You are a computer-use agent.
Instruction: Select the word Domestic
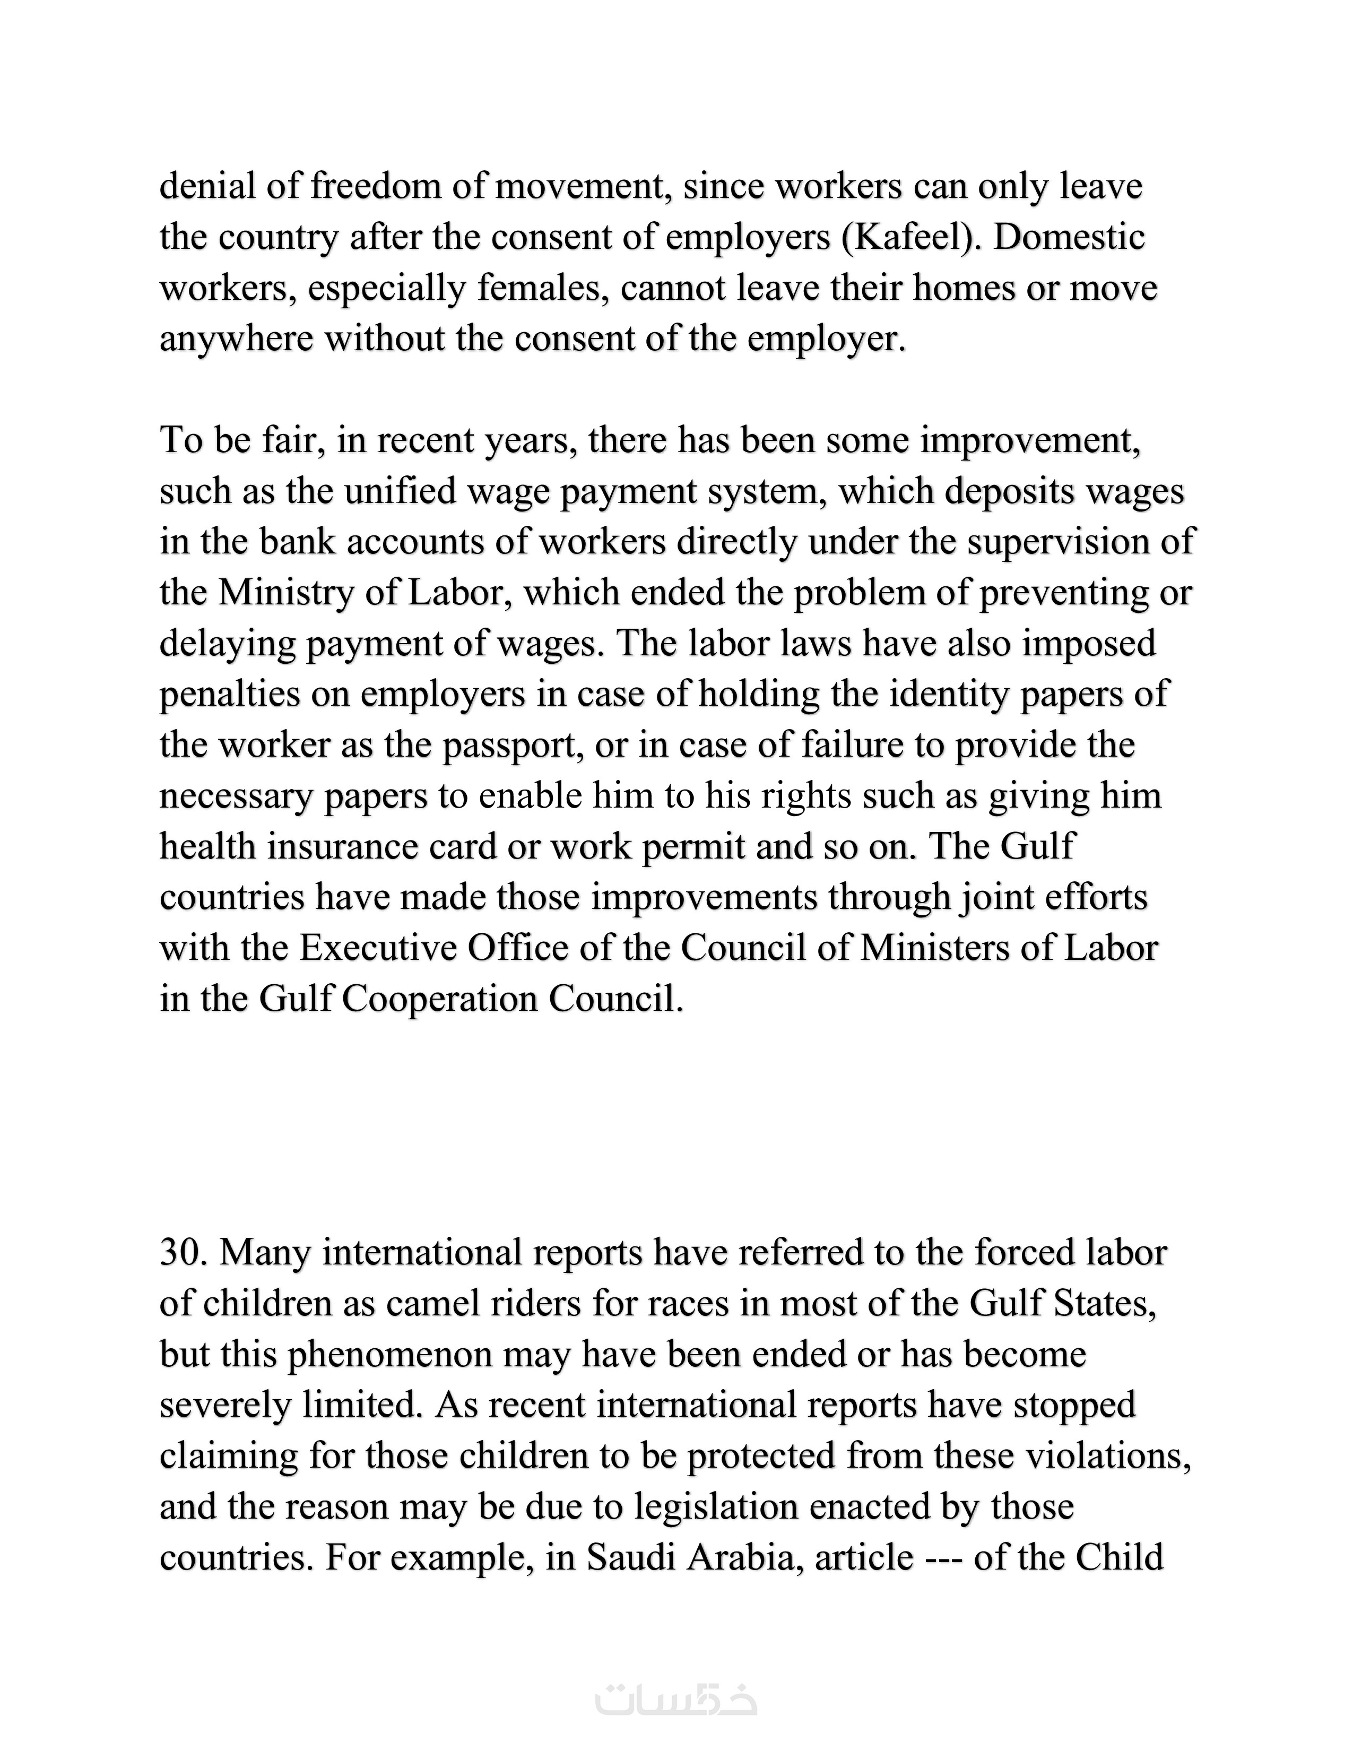pyautogui.click(x=1069, y=238)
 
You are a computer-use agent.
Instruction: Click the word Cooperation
pyautogui.click(x=438, y=999)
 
